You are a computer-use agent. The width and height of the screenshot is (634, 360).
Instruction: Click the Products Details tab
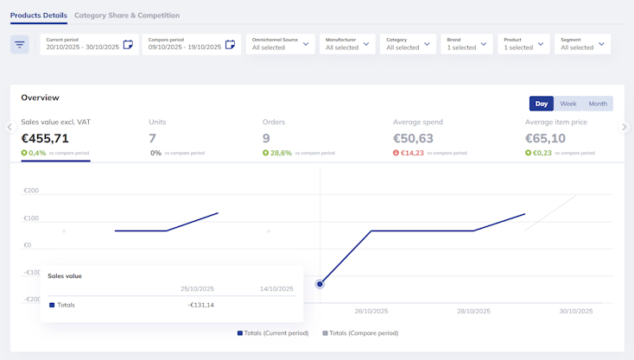38,16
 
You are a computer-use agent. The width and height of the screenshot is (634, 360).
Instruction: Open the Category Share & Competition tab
127,16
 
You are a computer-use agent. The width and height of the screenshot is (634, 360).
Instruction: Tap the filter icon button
19,44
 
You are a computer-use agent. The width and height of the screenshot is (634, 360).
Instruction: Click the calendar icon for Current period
128,44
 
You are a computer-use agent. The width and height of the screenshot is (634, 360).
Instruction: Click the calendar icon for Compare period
230,44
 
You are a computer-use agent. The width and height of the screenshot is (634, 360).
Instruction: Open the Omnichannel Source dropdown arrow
306,44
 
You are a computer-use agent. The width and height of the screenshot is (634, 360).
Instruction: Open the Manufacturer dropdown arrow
366,44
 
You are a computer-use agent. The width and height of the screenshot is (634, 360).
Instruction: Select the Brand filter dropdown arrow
484,44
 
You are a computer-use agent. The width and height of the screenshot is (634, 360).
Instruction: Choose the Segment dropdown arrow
601,44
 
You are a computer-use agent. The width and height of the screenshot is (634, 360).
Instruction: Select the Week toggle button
568,104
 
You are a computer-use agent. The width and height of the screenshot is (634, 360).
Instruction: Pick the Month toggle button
598,104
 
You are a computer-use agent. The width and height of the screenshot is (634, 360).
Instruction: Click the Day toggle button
542,104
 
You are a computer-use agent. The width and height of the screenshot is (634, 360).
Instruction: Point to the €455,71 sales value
45,139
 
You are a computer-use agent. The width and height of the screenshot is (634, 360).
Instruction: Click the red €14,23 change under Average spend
412,153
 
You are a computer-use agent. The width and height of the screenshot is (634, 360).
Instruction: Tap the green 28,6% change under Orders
281,153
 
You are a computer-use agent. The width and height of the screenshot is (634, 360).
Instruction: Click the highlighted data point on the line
320,284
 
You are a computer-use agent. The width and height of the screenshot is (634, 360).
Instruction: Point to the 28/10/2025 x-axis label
473,311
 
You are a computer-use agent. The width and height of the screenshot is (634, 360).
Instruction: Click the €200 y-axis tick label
31,190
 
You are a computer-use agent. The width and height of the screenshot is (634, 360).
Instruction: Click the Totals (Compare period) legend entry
360,333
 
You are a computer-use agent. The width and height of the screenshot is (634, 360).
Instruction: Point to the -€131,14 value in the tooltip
200,305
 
